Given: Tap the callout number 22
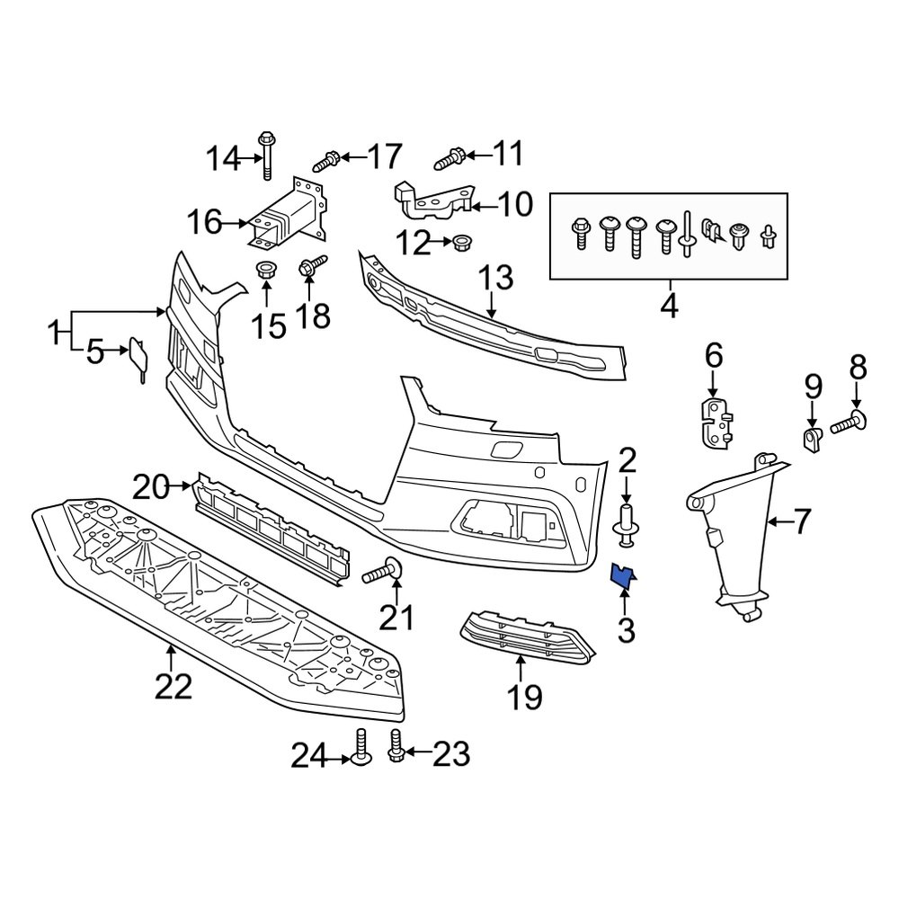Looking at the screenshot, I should click(x=173, y=687).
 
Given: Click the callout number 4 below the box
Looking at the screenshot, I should click(x=668, y=306).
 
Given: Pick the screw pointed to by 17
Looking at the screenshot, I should click(x=326, y=162).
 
